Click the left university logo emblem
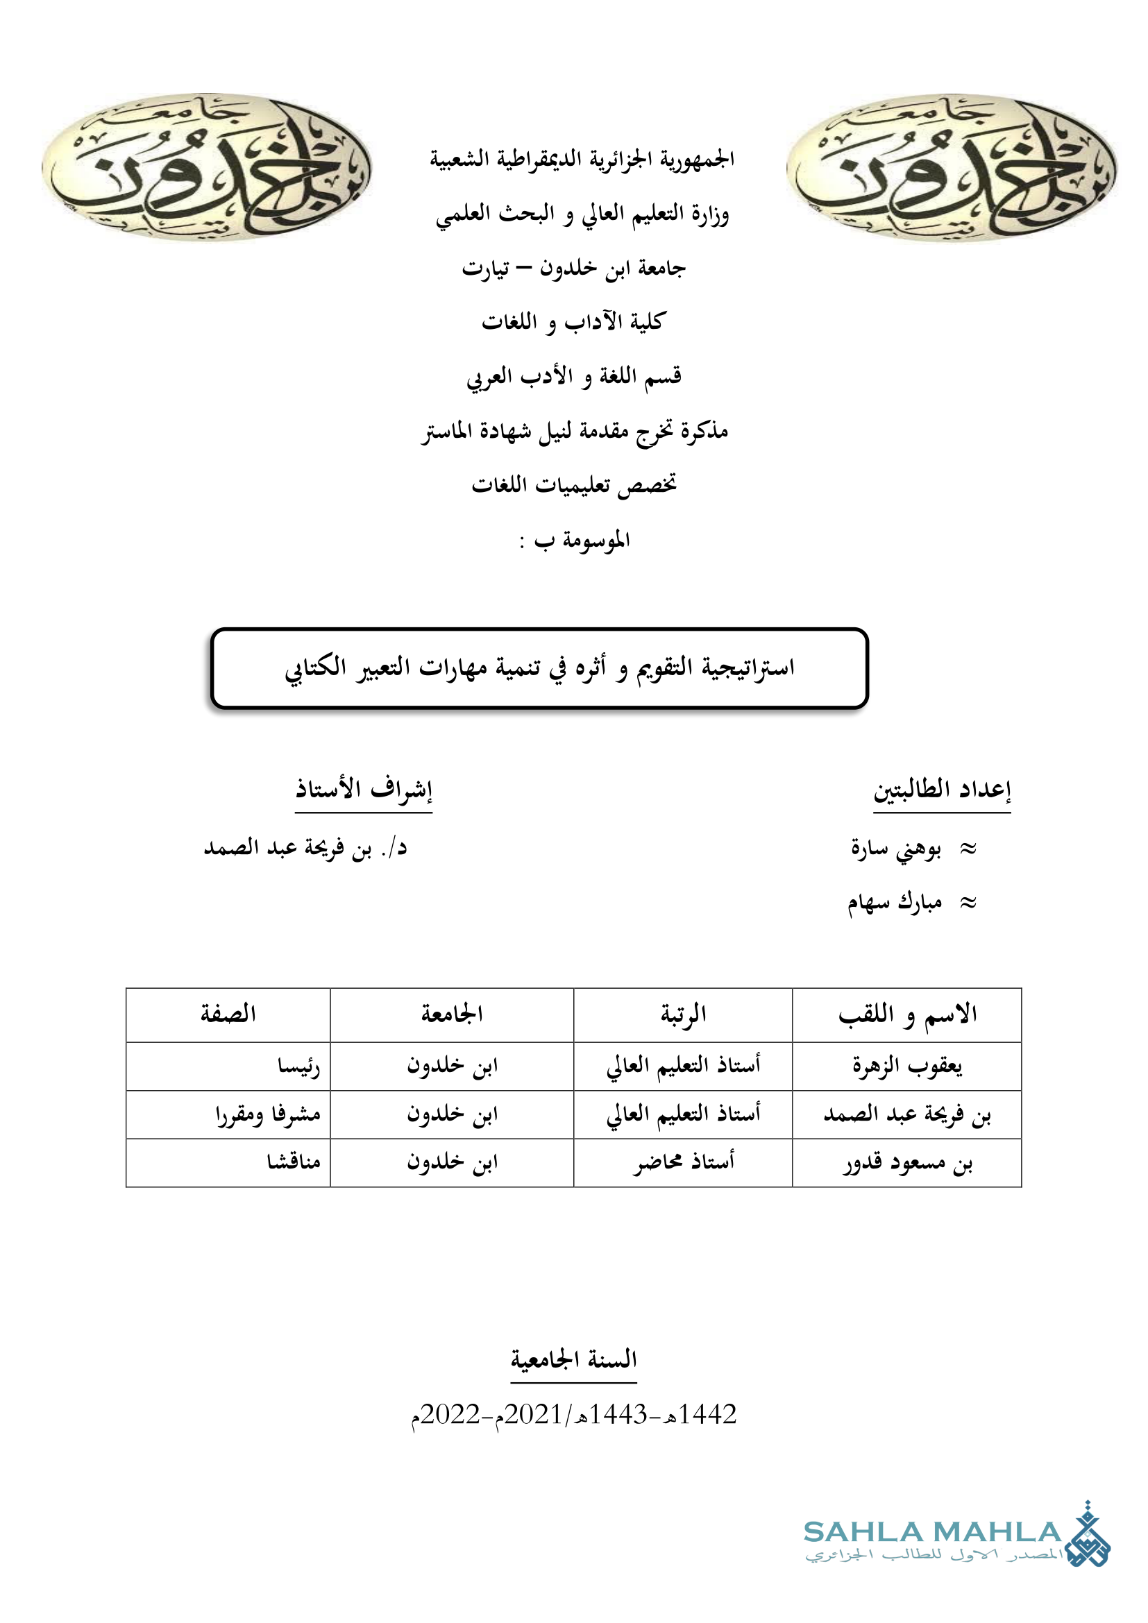tap(205, 167)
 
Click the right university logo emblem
tap(951, 169)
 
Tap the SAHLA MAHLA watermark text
tap(932, 1533)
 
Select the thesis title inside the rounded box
tap(539, 668)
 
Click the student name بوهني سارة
tap(895, 849)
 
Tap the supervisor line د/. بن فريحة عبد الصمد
tap(305, 847)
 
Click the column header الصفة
tap(228, 1014)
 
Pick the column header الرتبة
tap(683, 1014)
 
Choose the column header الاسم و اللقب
tap(907, 1015)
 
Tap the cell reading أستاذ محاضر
tap(683, 1163)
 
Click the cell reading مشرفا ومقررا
tap(268, 1115)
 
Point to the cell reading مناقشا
tap(294, 1162)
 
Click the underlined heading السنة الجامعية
tap(573, 1359)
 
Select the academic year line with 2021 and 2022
tap(573, 1414)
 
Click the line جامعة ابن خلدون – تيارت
tap(573, 269)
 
